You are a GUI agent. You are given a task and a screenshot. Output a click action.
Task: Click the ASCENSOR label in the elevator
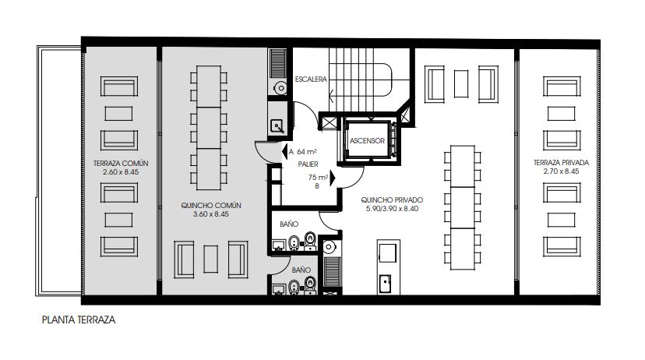367,141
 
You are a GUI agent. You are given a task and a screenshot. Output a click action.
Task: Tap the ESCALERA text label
311,79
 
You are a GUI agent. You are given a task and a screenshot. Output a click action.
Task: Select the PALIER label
308,164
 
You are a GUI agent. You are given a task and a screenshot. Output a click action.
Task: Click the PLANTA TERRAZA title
79,319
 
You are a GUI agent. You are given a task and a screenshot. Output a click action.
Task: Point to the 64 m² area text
307,152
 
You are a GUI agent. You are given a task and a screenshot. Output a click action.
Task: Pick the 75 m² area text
319,178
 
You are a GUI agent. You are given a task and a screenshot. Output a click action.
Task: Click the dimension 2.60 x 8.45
121,172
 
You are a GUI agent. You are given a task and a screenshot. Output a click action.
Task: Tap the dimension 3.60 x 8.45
210,214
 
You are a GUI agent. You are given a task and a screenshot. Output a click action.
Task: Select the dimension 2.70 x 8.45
561,171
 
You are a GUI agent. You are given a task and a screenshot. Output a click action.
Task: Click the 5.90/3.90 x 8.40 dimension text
392,209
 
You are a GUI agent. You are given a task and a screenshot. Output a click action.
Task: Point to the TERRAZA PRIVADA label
561,163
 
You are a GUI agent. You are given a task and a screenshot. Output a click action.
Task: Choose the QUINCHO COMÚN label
211,205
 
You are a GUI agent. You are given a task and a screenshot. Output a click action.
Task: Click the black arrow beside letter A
284,151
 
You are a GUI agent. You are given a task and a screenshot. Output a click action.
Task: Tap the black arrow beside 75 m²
333,178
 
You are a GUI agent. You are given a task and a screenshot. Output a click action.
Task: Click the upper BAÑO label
289,224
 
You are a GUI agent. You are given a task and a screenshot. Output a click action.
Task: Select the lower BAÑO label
301,270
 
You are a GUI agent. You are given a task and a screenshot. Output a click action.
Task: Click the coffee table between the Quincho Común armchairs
210,259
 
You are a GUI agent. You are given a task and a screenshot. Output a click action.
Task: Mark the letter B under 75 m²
317,186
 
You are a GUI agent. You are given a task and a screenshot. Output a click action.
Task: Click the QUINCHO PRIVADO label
392,200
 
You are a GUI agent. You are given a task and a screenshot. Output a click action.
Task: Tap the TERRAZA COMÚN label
121,164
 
